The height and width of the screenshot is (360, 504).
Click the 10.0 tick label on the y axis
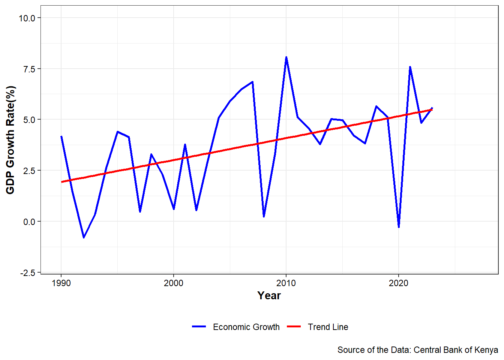27,18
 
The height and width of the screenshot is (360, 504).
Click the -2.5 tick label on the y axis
27,273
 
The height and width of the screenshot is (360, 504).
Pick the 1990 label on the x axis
61,283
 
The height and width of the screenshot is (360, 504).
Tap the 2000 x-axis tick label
174,283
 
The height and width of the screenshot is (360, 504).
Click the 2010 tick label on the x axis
286,283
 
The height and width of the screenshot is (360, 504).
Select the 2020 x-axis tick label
399,283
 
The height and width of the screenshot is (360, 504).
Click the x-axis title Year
269,296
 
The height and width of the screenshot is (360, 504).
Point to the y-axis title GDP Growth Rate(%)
10,140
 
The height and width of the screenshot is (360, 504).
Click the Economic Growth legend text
246,327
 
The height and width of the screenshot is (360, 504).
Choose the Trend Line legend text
328,327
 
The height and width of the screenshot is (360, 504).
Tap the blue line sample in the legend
199,327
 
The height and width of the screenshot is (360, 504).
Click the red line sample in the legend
294,327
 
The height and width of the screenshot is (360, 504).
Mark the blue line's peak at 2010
286,57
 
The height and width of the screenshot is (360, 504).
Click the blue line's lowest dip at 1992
84,237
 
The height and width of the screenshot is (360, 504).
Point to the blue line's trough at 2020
399,227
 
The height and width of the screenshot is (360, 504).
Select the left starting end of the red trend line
62,182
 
